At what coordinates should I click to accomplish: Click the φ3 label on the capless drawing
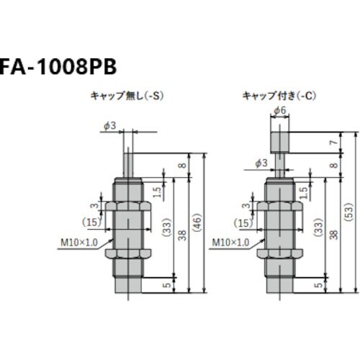(x=110, y=125)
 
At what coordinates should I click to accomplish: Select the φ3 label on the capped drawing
(x=261, y=164)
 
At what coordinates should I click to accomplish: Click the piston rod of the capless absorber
(x=129, y=161)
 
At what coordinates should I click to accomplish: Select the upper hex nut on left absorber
(x=128, y=210)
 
